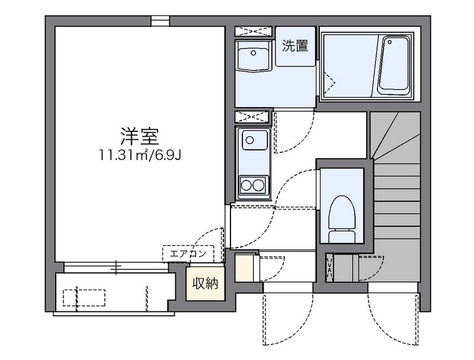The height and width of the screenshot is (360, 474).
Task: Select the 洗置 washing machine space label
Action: pyautogui.click(x=294, y=46)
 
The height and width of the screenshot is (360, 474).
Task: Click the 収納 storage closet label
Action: pyautogui.click(x=205, y=283)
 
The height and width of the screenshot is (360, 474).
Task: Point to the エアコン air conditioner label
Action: pyautogui.click(x=188, y=254)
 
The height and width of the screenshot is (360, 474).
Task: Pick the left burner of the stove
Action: pyautogui.click(x=245, y=185)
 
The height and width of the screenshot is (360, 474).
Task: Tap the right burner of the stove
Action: pyautogui.click(x=258, y=185)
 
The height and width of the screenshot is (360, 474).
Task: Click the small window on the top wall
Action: pyautogui.click(x=159, y=21)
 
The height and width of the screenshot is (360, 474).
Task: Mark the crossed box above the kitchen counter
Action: pyautogui.click(x=252, y=116)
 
